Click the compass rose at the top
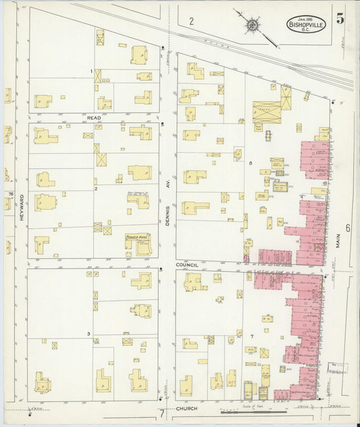coord(251,25)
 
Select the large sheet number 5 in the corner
coord(341,19)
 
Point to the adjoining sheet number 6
coord(348,228)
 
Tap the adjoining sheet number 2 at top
coord(191,22)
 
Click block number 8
coord(250,164)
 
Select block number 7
coord(251,336)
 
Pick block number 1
coord(92,71)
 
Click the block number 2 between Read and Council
coord(96,189)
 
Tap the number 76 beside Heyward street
coord(11,194)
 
